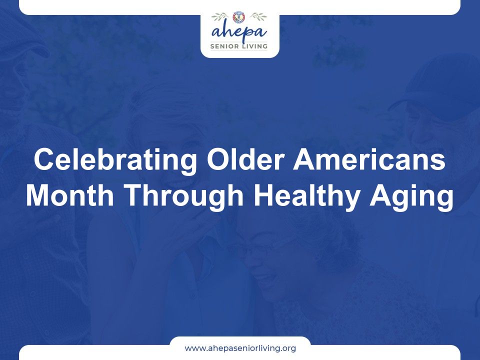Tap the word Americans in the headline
point(369,159)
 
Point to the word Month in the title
point(70,195)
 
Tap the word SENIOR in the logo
point(222,46)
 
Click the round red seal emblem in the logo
point(239,17)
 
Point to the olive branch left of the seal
point(220,16)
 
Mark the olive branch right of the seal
point(258,16)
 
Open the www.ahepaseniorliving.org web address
point(240,348)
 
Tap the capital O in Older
point(218,159)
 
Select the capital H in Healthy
point(263,195)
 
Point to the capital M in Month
point(37,195)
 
